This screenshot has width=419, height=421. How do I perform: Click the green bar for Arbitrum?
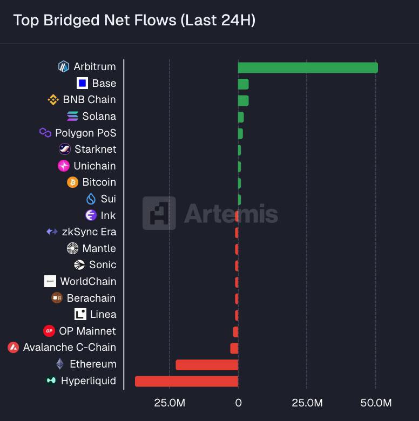click(308, 67)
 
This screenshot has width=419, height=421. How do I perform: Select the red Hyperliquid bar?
click(186, 381)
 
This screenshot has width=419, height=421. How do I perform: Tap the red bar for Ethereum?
click(207, 365)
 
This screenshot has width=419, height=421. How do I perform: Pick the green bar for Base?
click(243, 84)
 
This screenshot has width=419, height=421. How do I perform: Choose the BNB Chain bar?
click(243, 100)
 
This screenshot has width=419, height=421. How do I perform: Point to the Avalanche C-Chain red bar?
click(234, 348)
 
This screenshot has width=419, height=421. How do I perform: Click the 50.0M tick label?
click(376, 403)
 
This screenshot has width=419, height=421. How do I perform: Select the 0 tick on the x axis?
click(238, 403)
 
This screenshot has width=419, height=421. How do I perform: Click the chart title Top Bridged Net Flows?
click(134, 21)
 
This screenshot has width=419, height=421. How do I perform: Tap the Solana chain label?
click(99, 116)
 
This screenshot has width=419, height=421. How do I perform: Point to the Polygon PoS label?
click(85, 133)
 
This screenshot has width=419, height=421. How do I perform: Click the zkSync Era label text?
click(89, 232)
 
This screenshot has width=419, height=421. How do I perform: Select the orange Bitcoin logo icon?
click(72, 182)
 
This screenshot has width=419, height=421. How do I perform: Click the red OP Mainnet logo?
click(49, 331)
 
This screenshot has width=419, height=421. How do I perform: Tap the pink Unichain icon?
click(64, 166)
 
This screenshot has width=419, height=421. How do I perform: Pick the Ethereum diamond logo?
click(60, 364)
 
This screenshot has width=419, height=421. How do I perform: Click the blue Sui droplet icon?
click(91, 199)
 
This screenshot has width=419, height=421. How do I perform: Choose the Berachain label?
click(91, 298)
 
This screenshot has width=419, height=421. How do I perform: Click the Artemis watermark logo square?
click(159, 213)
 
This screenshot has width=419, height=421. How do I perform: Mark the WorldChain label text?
click(88, 281)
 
